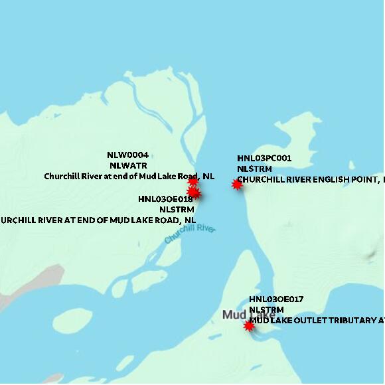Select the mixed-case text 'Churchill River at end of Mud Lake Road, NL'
129,177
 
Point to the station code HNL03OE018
165,199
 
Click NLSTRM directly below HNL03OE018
176,209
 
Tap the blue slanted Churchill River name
191,236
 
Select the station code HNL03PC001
264,159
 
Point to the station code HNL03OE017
276,300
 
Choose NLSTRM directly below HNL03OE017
266,310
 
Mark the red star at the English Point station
237,185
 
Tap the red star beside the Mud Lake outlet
249,326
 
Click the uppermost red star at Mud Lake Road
193,181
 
